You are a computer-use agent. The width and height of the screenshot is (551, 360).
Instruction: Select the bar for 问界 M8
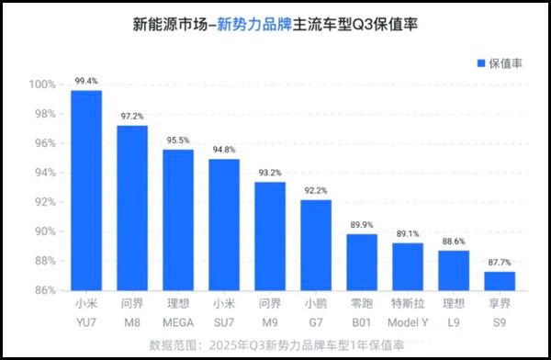click(x=132, y=208)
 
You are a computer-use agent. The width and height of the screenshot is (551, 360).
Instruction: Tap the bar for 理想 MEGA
click(x=178, y=219)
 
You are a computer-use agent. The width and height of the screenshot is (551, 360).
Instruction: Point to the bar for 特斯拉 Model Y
click(x=408, y=266)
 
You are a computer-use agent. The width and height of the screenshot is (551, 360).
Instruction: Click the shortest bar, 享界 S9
click(x=500, y=280)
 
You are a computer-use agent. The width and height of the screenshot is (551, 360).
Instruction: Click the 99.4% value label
click(x=86, y=82)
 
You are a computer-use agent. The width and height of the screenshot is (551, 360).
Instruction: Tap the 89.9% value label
click(x=362, y=223)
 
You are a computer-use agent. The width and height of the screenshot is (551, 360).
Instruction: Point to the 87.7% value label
click(x=500, y=262)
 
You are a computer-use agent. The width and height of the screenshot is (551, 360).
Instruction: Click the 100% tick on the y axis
click(x=43, y=84)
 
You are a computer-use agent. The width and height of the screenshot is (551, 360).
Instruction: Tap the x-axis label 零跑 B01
click(x=362, y=312)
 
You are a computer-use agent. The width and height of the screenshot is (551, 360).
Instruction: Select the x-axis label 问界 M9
click(x=270, y=312)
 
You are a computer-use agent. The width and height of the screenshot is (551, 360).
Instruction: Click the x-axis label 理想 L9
click(x=454, y=312)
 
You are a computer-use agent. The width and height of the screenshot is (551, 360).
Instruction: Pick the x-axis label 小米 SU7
click(x=224, y=312)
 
